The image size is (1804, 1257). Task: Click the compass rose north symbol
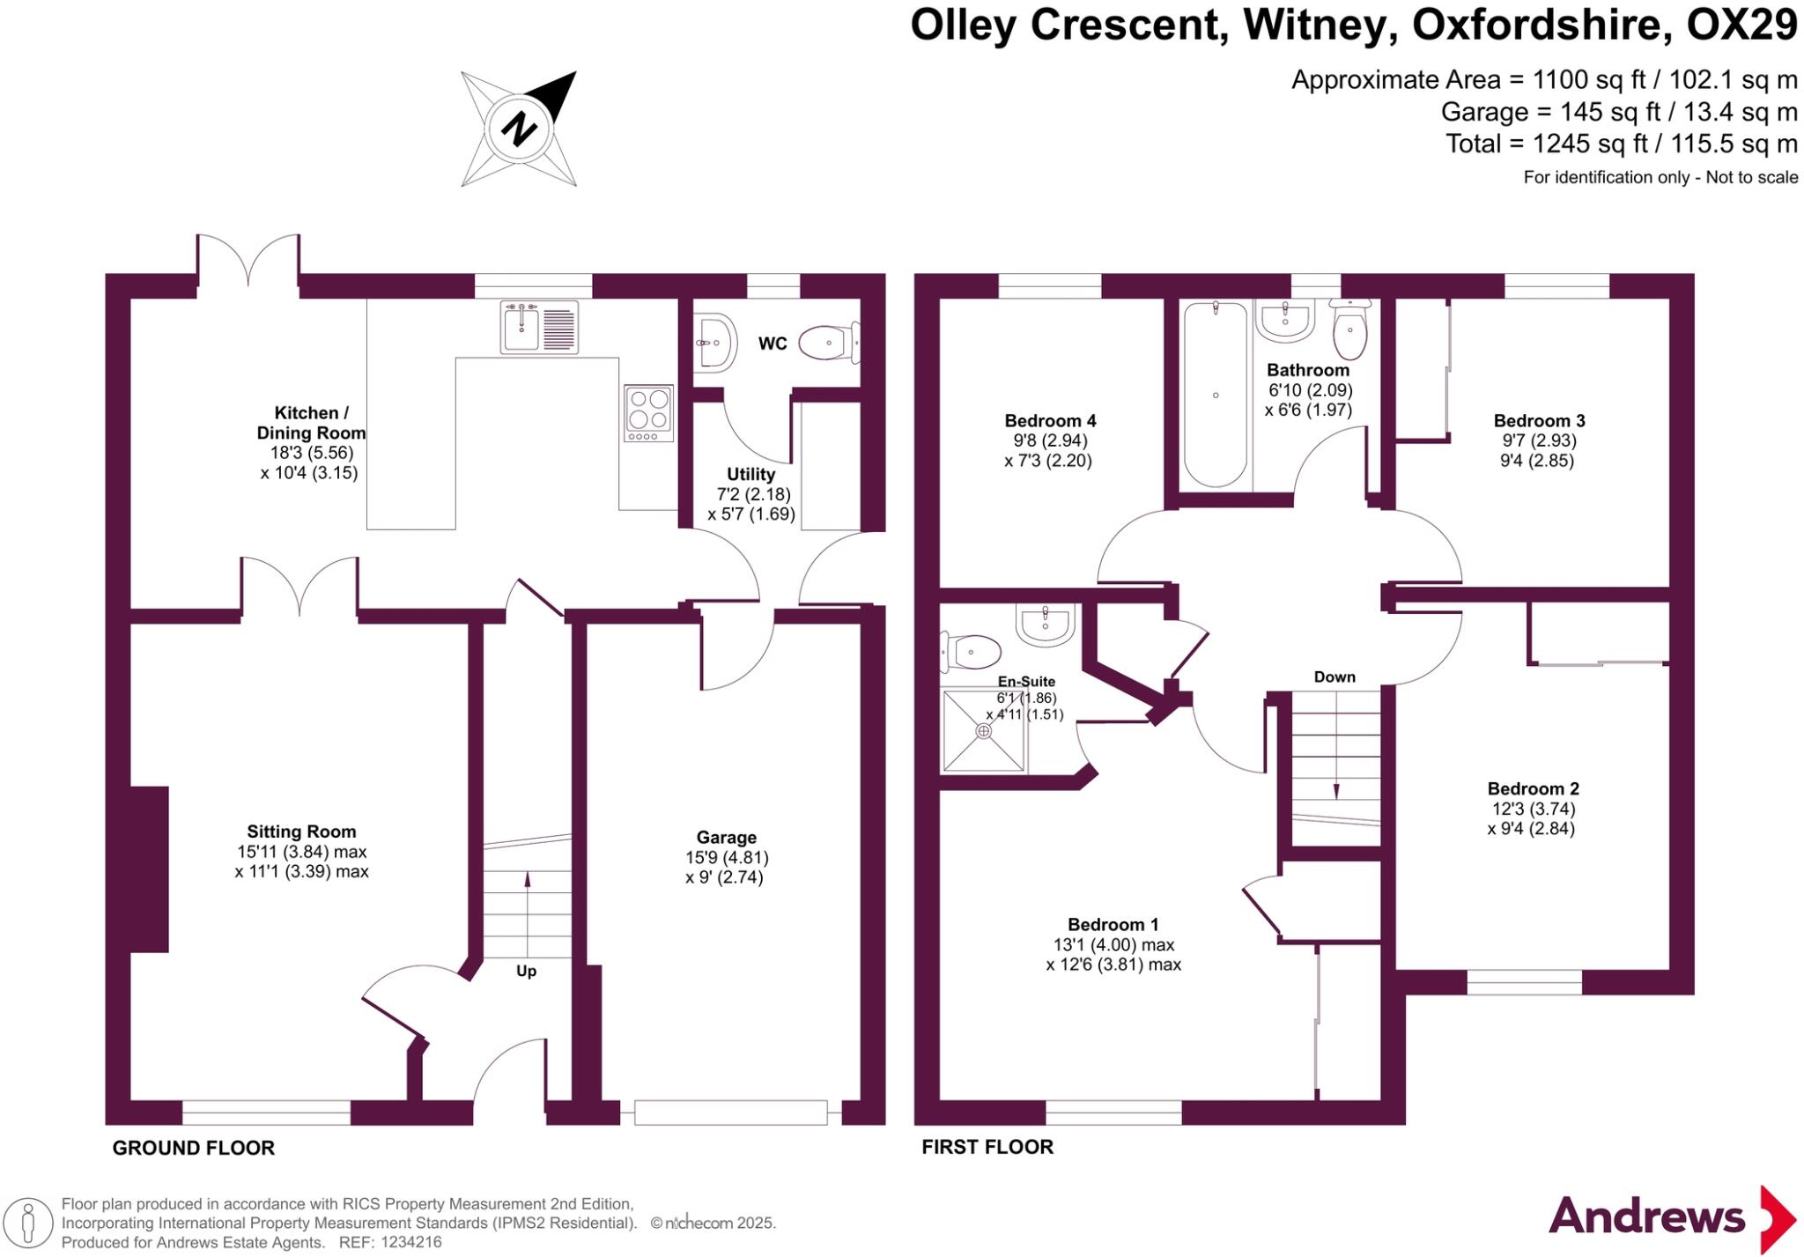[519, 129]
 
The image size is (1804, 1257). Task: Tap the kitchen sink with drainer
[539, 327]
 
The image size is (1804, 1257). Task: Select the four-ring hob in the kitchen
[649, 412]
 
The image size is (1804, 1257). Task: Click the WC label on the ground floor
[773, 344]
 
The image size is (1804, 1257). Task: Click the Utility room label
[750, 474]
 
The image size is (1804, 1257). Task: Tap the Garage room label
[726, 837]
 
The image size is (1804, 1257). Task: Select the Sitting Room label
[301, 831]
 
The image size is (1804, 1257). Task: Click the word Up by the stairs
[526, 971]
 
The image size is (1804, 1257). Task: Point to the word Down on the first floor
[1335, 677]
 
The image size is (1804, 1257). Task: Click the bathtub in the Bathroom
[1216, 394]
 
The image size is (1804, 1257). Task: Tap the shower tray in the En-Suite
[984, 730]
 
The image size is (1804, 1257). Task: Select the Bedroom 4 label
[1050, 420]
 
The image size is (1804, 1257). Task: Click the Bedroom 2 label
[1533, 788]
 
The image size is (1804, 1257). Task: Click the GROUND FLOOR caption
[194, 1148]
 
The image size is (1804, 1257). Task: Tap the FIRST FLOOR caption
[987, 1147]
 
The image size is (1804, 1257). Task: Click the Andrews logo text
[1646, 1217]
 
